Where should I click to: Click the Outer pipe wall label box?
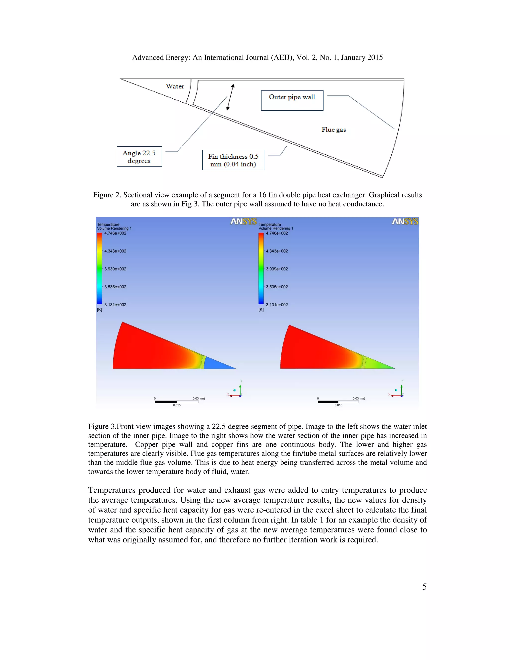tap(292, 100)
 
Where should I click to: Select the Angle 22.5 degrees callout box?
tap(139, 157)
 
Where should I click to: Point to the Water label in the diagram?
tap(175, 86)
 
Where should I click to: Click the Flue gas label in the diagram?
tap(333, 130)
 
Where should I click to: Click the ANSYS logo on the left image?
tap(244, 221)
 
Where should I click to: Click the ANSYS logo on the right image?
tap(405, 221)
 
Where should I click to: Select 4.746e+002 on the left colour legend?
tap(115, 233)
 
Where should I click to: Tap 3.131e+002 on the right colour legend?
tap(277, 305)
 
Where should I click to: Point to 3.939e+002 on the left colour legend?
tap(115, 269)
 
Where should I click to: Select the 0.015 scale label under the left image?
tap(177, 405)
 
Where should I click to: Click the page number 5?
tap(424, 587)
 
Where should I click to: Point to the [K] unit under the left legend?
tap(99, 310)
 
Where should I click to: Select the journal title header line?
tap(257, 58)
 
